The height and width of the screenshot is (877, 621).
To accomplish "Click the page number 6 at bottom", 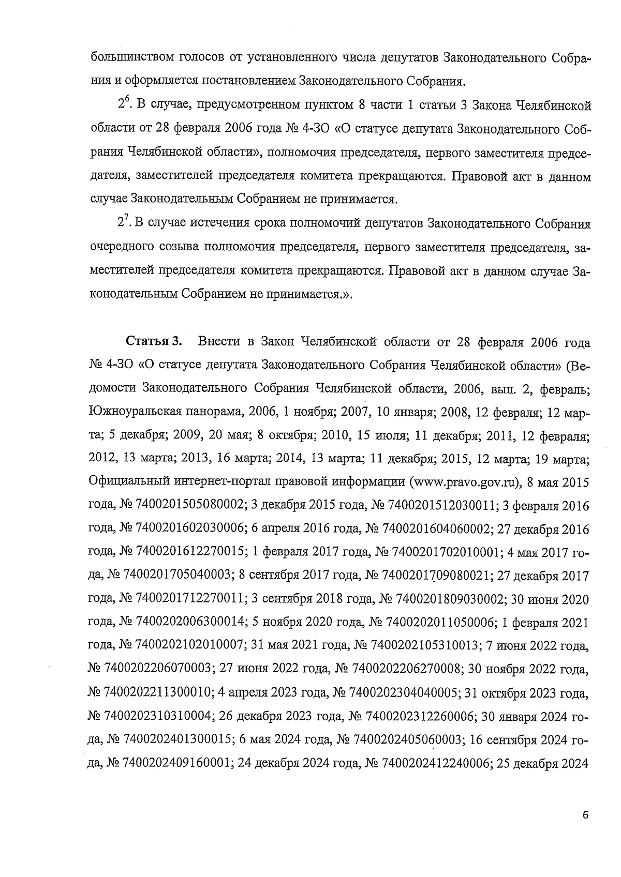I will pos(585,815).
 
